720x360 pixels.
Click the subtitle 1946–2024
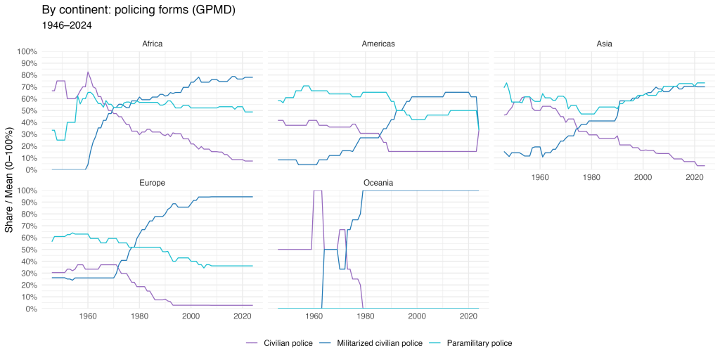(x=67, y=25)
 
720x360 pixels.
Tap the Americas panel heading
(x=378, y=44)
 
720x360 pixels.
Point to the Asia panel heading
(x=605, y=44)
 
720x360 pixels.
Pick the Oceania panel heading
(x=378, y=183)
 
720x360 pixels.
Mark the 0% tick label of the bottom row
(x=30, y=309)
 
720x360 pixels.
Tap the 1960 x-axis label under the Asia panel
(x=541, y=179)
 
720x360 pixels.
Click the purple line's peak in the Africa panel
(x=88, y=72)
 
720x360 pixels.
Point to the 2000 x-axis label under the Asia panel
(x=643, y=179)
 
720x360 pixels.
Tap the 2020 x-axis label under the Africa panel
(x=242, y=179)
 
